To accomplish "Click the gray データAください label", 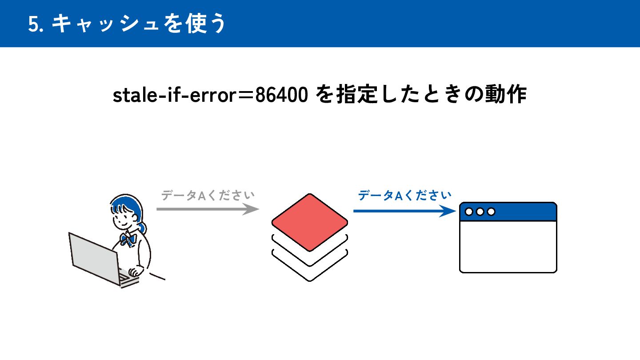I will [x=208, y=196].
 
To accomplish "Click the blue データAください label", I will [x=405, y=195].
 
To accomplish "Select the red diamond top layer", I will [x=309, y=222].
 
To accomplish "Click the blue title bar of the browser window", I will [x=524, y=212].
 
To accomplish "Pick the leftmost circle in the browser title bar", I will [x=469, y=212].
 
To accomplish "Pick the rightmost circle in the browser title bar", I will [x=491, y=212].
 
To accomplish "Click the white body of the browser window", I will [x=508, y=247].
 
